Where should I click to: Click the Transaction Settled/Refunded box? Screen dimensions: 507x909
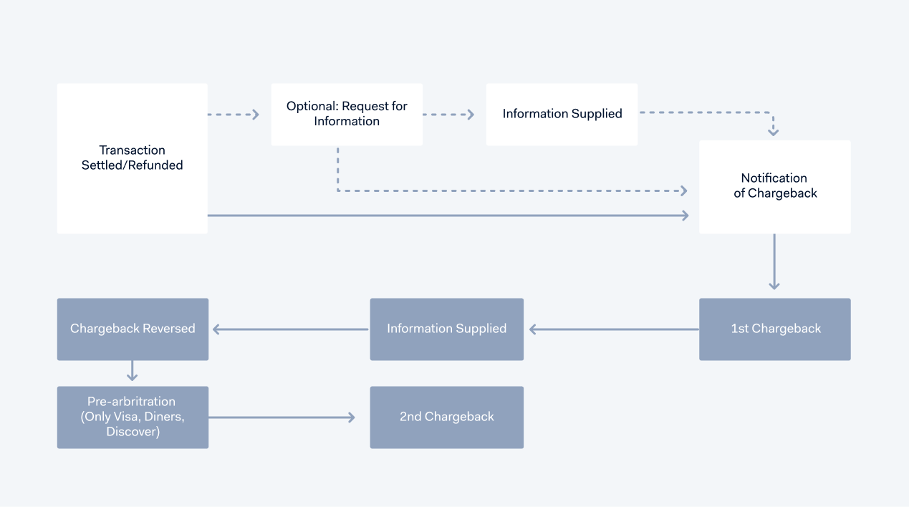point(133,158)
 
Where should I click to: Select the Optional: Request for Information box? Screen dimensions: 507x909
point(347,115)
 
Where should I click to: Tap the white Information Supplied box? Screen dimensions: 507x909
point(562,115)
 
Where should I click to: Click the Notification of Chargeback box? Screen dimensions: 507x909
point(774,186)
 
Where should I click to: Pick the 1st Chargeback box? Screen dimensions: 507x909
point(774,329)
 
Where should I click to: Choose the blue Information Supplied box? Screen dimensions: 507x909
point(446,329)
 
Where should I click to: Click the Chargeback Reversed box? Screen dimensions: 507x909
point(133,329)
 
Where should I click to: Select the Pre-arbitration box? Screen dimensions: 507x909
point(133,417)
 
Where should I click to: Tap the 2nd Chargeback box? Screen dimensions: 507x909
point(446,417)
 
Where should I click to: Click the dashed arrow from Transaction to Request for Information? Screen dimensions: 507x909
point(234,115)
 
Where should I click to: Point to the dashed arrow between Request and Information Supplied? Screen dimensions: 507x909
point(448,115)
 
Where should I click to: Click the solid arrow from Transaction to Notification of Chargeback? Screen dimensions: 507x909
point(448,216)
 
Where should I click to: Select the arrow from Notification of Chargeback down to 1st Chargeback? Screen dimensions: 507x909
point(774,261)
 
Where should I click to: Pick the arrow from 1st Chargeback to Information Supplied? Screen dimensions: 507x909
point(613,329)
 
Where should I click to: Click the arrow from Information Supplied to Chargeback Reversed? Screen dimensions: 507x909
point(290,329)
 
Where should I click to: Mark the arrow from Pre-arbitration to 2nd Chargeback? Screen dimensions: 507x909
point(282,417)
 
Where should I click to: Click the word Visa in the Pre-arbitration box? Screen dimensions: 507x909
point(125,417)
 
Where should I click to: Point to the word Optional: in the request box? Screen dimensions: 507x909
point(312,106)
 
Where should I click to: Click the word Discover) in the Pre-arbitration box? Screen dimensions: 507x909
point(133,432)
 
